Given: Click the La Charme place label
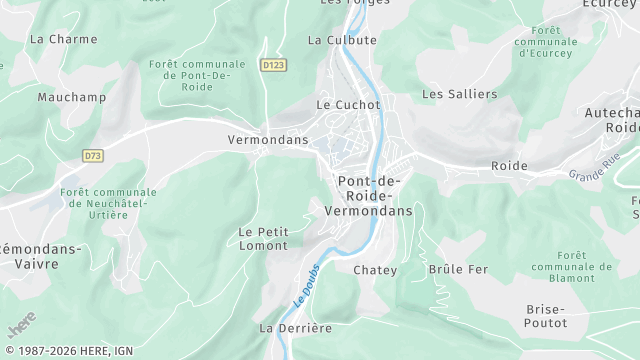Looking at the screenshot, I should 64,39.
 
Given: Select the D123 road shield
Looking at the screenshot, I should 272,65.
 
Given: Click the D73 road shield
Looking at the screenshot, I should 93,155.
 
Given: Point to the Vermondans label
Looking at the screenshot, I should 268,140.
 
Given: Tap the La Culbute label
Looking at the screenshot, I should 342,40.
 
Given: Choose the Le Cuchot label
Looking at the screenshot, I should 348,104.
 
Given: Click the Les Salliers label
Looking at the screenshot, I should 459,94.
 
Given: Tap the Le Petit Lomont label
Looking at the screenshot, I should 264,238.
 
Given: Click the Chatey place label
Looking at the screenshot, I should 375,270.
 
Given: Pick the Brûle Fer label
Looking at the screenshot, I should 458,270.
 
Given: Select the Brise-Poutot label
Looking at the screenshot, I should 546,316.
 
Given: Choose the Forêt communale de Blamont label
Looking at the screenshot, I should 572,267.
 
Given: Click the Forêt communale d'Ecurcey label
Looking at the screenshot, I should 546,41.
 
